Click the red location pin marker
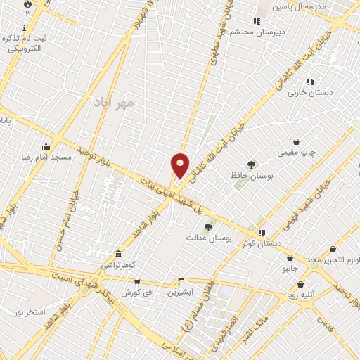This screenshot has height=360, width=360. [181, 166]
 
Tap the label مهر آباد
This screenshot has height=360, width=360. [112, 103]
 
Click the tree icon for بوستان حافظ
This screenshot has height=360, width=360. [251, 165]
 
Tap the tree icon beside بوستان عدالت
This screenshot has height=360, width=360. [207, 227]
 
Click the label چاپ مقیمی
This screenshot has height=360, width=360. [300, 151]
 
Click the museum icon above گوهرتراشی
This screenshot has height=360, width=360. [118, 254]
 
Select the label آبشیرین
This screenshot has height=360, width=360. [179, 291]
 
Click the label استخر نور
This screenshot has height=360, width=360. [29, 311]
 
